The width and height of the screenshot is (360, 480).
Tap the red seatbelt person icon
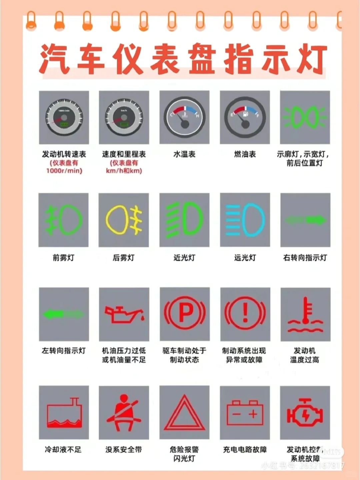pos(124,412)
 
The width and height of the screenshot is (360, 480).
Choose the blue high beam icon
pos(245,220)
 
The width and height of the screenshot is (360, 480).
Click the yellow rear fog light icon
pos(124,220)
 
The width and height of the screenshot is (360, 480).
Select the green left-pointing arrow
pos(64,314)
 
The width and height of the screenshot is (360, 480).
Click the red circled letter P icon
pos(185,314)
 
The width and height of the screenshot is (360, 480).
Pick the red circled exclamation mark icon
pos(245,314)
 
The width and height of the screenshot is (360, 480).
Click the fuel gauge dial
pos(245,117)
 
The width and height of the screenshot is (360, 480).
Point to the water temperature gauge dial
pos(184,117)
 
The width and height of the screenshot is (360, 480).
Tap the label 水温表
pos(184,154)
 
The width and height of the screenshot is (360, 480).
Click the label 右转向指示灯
pos(305,258)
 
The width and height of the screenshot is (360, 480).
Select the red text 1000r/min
pos(64,171)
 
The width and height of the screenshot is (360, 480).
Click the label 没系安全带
pos(124,450)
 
